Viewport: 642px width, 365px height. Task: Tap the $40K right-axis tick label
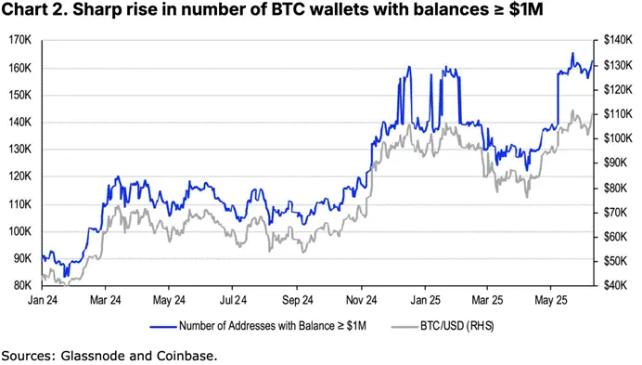[x=615, y=285]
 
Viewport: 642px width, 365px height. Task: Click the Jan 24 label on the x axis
[x=43, y=301]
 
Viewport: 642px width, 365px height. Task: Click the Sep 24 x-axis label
[x=296, y=301]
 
